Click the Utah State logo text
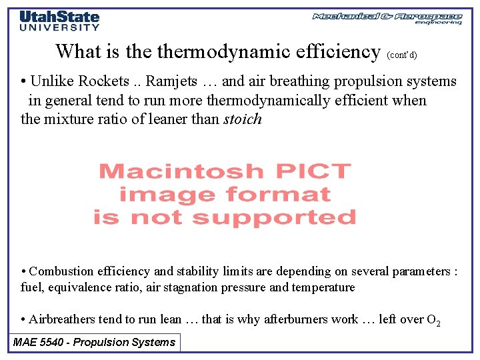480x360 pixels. click(59, 17)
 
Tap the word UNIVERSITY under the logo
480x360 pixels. click(59, 28)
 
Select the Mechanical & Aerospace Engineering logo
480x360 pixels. click(387, 18)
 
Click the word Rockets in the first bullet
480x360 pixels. click(103, 81)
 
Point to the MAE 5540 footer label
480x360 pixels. click(95, 343)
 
